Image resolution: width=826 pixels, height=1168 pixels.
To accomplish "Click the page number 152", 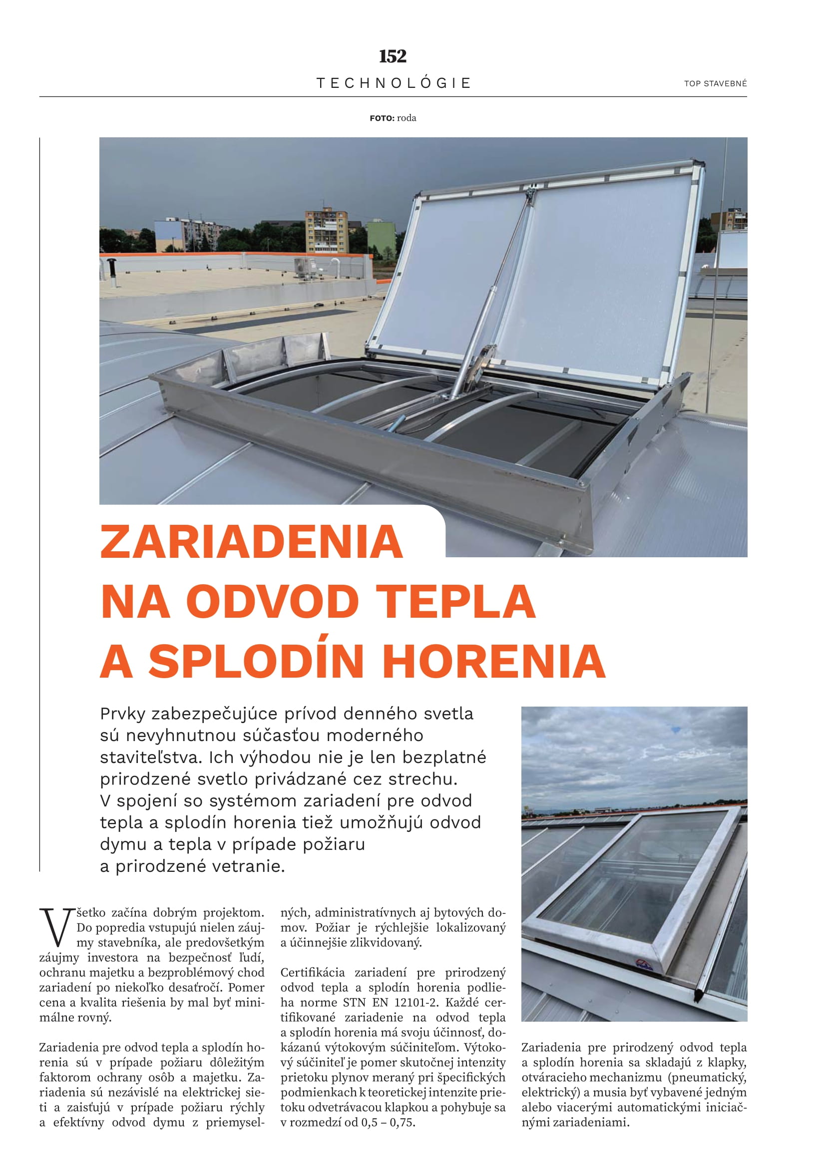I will point(393,56).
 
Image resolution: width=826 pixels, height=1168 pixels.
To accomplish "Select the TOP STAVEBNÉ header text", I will point(715,84).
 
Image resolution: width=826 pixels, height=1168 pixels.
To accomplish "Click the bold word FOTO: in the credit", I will point(382,118).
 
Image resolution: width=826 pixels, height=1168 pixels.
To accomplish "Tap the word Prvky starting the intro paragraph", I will point(122,714).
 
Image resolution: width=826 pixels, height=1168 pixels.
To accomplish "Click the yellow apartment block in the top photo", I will point(326,232).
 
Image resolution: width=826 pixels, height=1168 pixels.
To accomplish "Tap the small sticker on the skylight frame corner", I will point(644,965).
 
